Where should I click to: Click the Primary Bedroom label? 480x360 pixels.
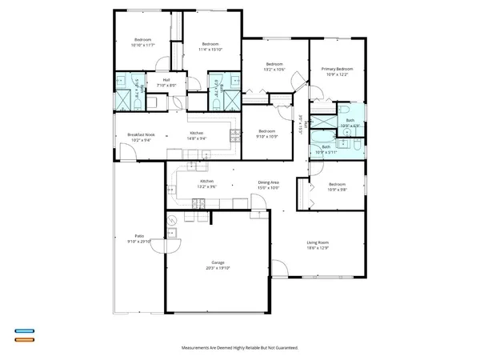point(336,70)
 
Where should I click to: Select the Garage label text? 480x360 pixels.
point(218,262)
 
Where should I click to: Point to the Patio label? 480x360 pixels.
point(139,236)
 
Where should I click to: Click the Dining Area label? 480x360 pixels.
point(268,182)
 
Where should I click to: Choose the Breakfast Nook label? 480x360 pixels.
point(141,134)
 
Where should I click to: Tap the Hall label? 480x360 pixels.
point(167,79)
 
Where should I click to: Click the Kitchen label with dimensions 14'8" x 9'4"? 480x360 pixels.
point(196,133)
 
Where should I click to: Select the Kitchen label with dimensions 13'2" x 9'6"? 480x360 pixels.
point(206,182)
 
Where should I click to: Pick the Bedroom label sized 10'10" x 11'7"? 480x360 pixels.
point(142,40)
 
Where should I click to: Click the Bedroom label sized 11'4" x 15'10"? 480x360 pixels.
point(210,44)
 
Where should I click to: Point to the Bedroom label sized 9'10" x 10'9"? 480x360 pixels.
point(266,131)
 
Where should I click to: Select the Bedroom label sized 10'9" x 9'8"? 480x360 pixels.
point(337,185)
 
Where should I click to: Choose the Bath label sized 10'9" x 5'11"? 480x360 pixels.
point(326,147)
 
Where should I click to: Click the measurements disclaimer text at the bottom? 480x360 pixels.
point(240,349)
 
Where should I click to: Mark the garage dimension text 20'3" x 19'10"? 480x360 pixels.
point(218,268)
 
